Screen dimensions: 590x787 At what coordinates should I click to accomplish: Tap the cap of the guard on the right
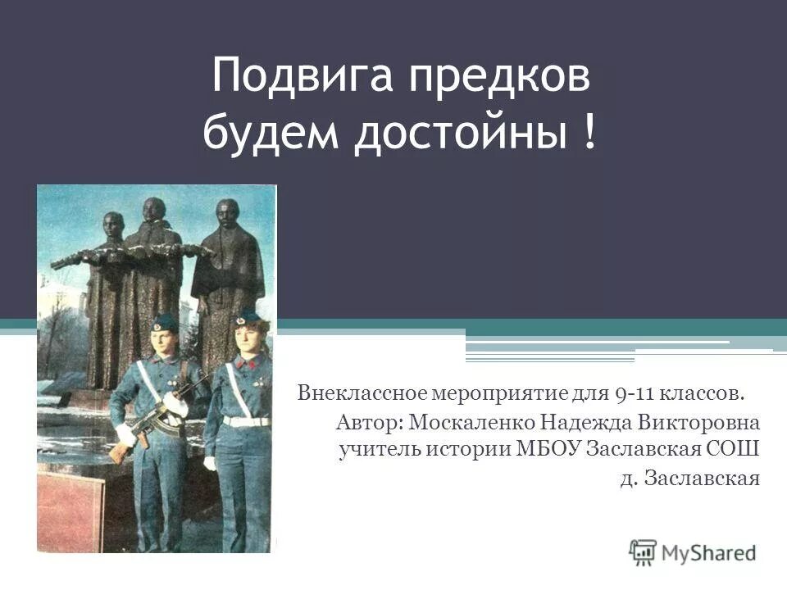pyautogui.click(x=247, y=315)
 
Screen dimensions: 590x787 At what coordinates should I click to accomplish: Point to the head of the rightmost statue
pyautogui.click(x=228, y=215)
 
